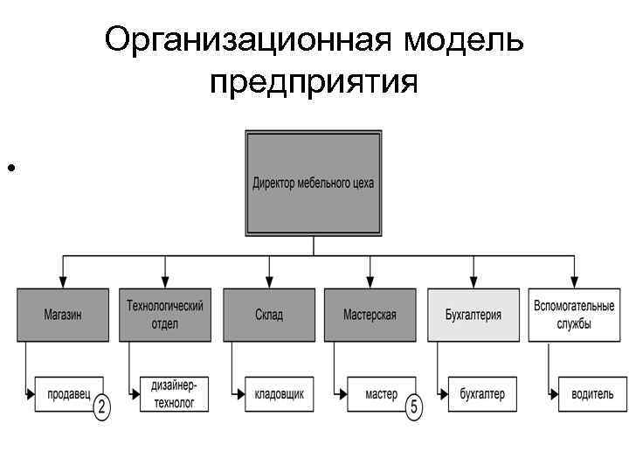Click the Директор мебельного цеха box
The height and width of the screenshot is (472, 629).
(314, 183)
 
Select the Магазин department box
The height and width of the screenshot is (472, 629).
(63, 315)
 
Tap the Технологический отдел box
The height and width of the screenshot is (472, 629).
(166, 315)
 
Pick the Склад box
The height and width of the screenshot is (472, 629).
(269, 315)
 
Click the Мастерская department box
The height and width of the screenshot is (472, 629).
(370, 315)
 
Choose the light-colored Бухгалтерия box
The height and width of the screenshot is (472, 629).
(473, 315)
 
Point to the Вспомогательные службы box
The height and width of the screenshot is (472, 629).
(574, 315)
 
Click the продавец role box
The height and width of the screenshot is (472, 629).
(68, 394)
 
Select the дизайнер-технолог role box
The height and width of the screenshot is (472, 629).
(172, 394)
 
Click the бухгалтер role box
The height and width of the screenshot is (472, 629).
(482, 394)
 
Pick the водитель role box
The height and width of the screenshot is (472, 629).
(585, 394)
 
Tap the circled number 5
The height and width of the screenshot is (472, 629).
(413, 406)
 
